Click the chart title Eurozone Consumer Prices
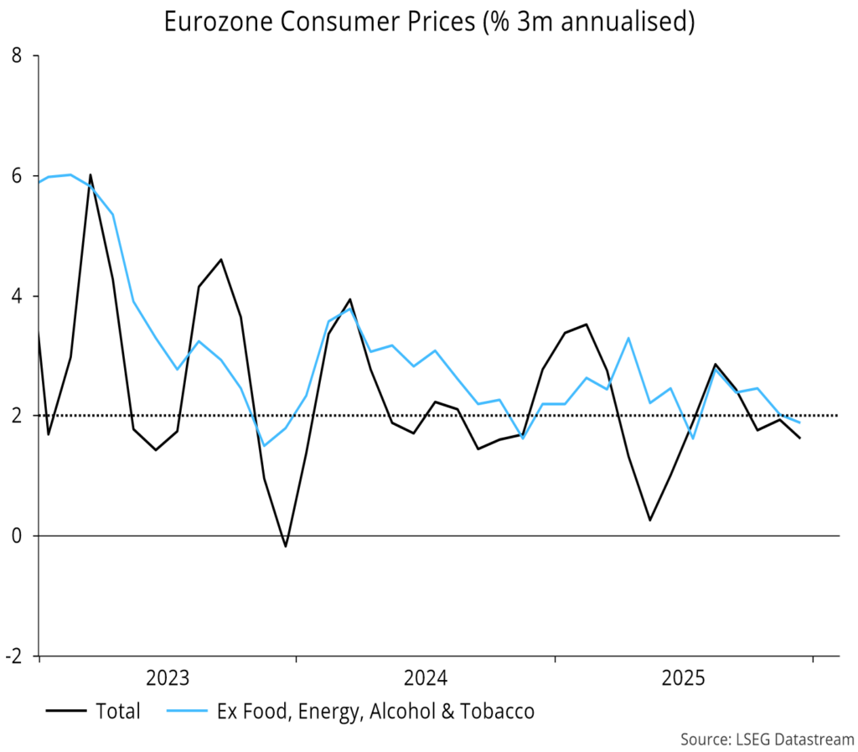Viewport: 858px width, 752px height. coord(429,22)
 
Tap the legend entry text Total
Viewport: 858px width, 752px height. coord(118,713)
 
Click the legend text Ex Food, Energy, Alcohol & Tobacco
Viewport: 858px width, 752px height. coord(375,713)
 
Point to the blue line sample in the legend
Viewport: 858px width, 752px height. coord(186,713)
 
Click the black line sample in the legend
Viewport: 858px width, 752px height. coord(66,713)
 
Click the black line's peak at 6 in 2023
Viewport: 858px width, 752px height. coord(90,175)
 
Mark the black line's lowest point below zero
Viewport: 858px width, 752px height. coord(286,547)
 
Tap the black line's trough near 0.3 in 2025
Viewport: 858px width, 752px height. coord(649,520)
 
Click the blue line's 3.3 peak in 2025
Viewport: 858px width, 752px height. coord(628,338)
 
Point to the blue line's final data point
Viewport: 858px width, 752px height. coord(799,423)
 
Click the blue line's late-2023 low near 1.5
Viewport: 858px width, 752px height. coord(264,445)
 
